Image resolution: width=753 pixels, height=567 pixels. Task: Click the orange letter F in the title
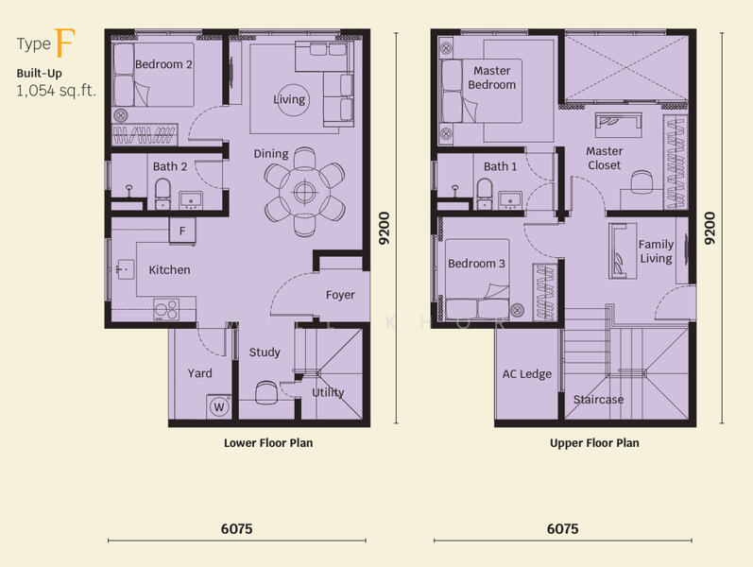[x=64, y=43]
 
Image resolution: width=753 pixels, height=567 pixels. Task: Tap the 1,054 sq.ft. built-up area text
[x=56, y=91]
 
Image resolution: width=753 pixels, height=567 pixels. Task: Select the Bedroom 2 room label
[x=163, y=64]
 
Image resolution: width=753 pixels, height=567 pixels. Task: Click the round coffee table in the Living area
[x=289, y=99]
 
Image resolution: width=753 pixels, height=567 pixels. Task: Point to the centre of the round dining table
[x=303, y=193]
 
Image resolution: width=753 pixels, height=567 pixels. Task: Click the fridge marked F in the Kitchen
[x=182, y=232]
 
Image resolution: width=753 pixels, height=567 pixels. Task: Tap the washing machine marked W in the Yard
[x=219, y=407]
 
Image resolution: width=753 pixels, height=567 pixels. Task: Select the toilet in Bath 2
[x=163, y=194]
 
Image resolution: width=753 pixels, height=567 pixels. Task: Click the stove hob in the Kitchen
[x=166, y=309]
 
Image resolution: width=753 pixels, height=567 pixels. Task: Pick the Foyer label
[x=340, y=295]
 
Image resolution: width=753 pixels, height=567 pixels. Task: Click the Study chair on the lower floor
[x=266, y=392]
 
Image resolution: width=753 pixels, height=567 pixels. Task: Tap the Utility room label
[x=328, y=392]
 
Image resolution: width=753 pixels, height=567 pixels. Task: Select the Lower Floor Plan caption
[x=268, y=443]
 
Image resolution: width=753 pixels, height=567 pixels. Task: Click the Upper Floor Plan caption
[x=594, y=443]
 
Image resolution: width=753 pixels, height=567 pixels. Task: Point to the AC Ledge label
[x=527, y=374]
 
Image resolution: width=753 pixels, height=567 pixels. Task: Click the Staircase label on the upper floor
[x=598, y=400]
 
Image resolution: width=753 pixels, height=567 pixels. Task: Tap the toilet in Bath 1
[x=484, y=194]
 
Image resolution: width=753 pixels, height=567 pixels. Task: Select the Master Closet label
[x=604, y=158]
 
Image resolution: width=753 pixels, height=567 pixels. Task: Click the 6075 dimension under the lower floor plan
[x=237, y=528]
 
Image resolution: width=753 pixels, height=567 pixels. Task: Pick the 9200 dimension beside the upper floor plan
[x=710, y=229]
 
